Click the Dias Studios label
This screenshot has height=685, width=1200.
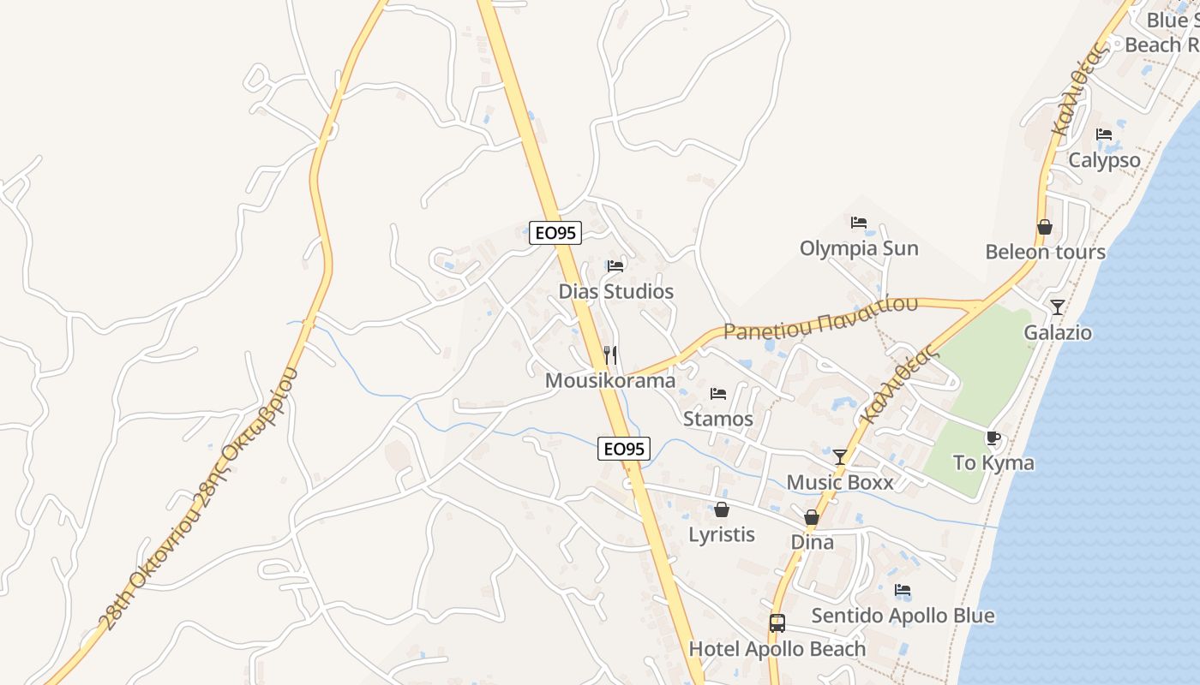coord(615,291)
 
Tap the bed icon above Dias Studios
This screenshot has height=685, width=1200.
coord(615,265)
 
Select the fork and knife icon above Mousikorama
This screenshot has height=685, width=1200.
coord(610,354)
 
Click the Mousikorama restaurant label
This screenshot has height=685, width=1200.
coord(610,380)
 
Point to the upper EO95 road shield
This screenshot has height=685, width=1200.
coord(555,232)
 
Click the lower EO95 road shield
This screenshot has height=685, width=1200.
coord(624,448)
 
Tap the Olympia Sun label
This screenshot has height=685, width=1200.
coord(859,248)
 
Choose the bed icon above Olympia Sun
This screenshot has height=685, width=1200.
coord(859,223)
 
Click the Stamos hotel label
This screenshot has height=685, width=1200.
coord(718,419)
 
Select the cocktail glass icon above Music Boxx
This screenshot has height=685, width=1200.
coord(840,456)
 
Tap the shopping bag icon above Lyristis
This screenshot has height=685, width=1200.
coord(722,509)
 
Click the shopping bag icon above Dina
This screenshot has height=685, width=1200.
coord(812,517)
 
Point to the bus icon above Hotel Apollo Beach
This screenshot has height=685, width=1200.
coord(777,623)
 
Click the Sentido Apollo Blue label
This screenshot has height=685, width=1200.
coord(903,616)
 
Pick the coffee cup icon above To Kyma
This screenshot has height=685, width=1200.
coord(993,438)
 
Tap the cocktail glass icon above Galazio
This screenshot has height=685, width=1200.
coord(1058,307)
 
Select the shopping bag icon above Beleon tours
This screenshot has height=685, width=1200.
coord(1045,227)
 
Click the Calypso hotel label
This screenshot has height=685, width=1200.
coord(1104,160)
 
